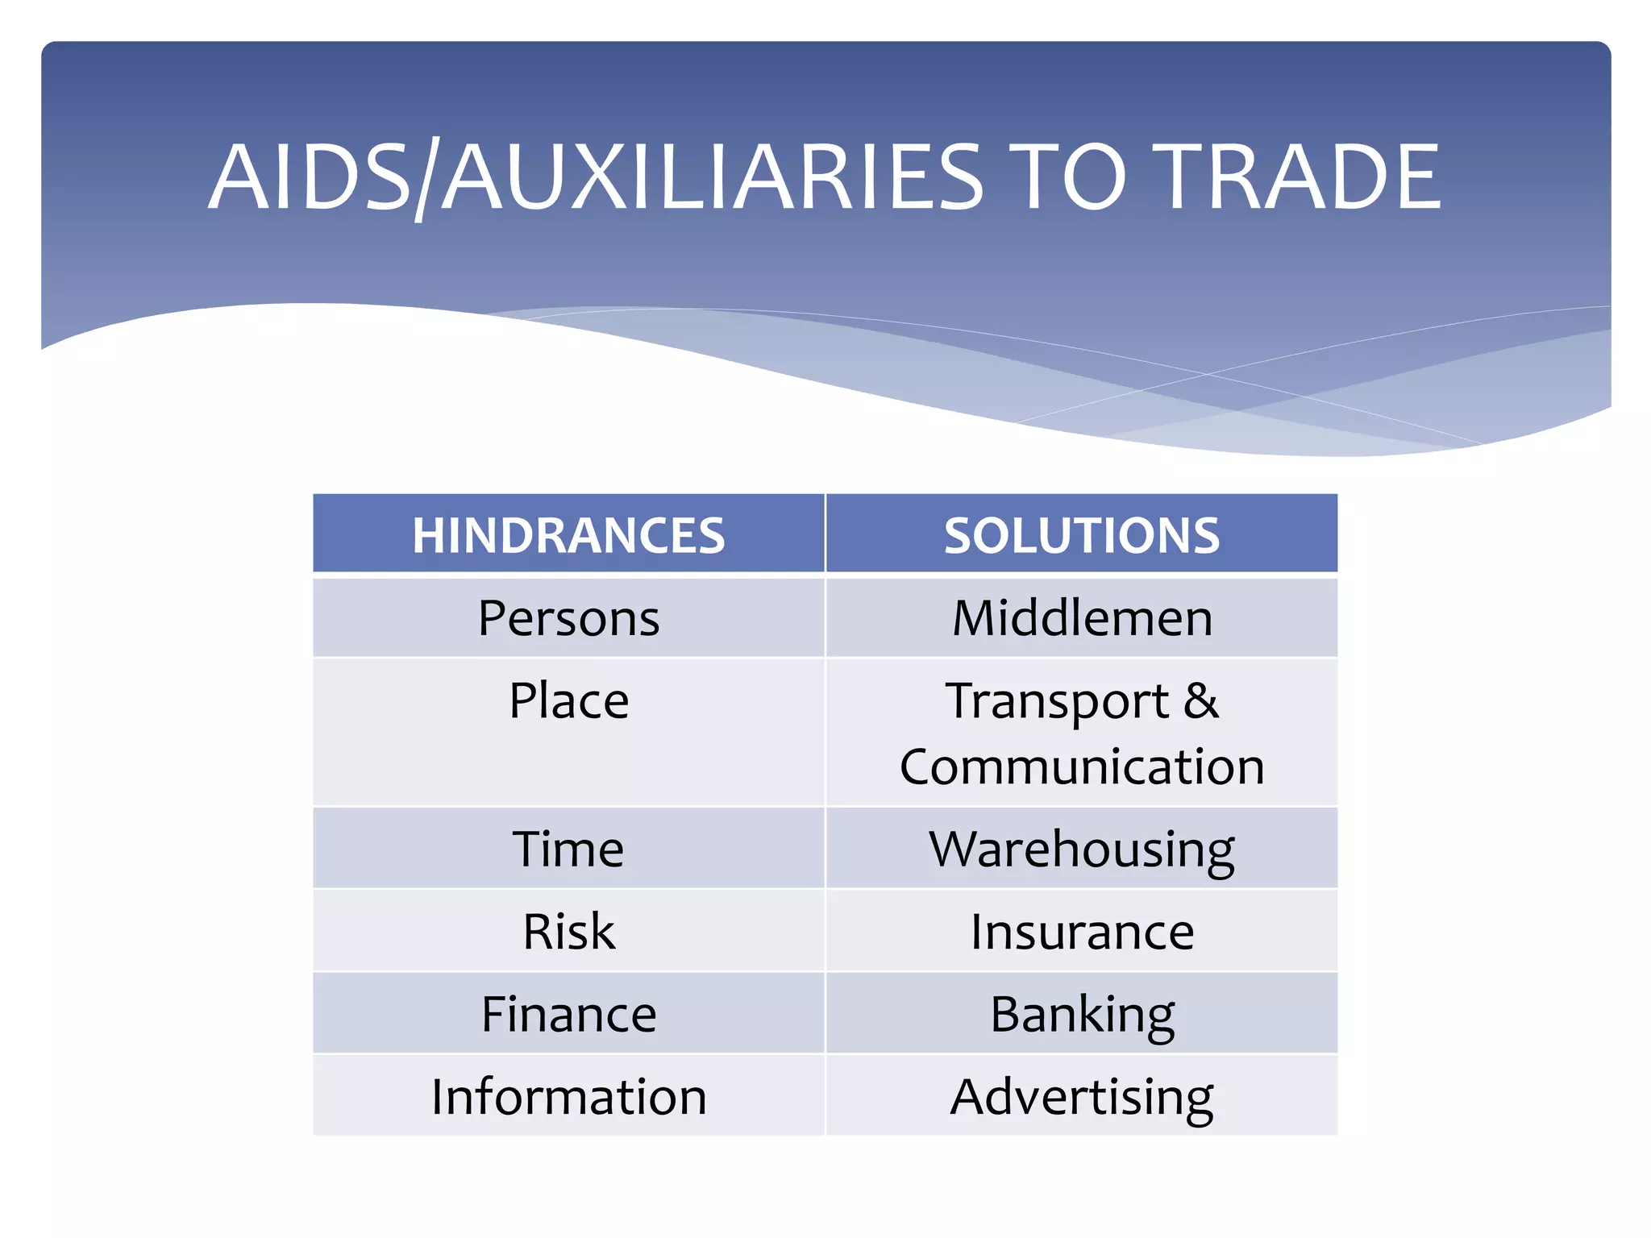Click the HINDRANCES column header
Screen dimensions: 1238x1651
click(x=568, y=535)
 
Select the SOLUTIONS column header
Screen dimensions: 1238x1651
click(x=1081, y=535)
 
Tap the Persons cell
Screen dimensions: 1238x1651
click(x=568, y=618)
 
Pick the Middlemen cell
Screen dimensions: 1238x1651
click(x=1081, y=618)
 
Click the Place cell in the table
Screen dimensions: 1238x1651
click(x=568, y=700)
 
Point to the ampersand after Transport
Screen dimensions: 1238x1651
click(x=1201, y=700)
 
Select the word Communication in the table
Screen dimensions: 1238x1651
click(x=1081, y=766)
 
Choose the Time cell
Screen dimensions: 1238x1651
click(x=568, y=849)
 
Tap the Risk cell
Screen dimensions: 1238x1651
click(x=568, y=932)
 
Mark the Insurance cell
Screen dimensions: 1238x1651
click(x=1081, y=932)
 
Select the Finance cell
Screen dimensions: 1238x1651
click(x=568, y=1014)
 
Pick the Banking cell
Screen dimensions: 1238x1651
click(x=1081, y=1014)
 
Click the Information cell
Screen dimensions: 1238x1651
click(x=568, y=1097)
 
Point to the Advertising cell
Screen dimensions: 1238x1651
click(x=1081, y=1097)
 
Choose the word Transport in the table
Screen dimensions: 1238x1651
click(x=1057, y=701)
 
